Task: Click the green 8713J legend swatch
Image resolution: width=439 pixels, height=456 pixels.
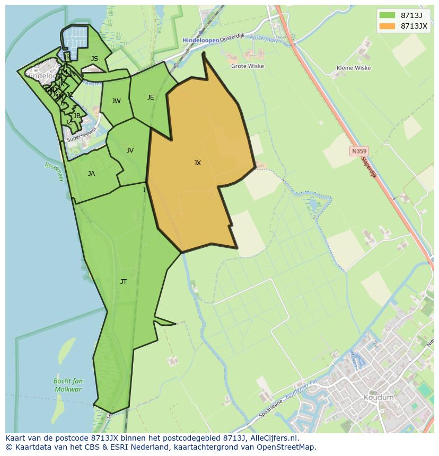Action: [387, 15]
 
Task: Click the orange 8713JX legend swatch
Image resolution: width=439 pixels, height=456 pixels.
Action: [387, 25]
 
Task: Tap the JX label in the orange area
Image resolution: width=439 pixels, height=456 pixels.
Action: [197, 163]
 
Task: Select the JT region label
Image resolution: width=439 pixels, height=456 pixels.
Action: [124, 282]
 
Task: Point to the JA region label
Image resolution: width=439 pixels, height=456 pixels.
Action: [91, 174]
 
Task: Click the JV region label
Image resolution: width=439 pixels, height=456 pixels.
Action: [130, 150]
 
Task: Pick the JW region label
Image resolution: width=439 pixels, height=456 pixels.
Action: [116, 101]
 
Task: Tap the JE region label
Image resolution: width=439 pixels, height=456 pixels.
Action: [151, 97]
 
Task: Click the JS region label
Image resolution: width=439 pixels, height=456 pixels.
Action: [94, 59]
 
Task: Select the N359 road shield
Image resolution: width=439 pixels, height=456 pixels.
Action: [358, 151]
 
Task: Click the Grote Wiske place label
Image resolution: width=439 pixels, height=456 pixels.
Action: [248, 66]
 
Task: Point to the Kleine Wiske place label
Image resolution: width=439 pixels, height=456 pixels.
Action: [354, 68]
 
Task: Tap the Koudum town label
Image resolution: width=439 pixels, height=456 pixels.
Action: [379, 398]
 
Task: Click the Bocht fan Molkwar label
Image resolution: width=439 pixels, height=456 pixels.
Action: [68, 385]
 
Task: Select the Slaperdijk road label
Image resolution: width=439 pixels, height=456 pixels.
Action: [368, 166]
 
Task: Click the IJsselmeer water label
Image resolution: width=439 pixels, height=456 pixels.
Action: [54, 172]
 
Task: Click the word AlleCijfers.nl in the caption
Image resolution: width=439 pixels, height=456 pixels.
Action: [274, 439]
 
